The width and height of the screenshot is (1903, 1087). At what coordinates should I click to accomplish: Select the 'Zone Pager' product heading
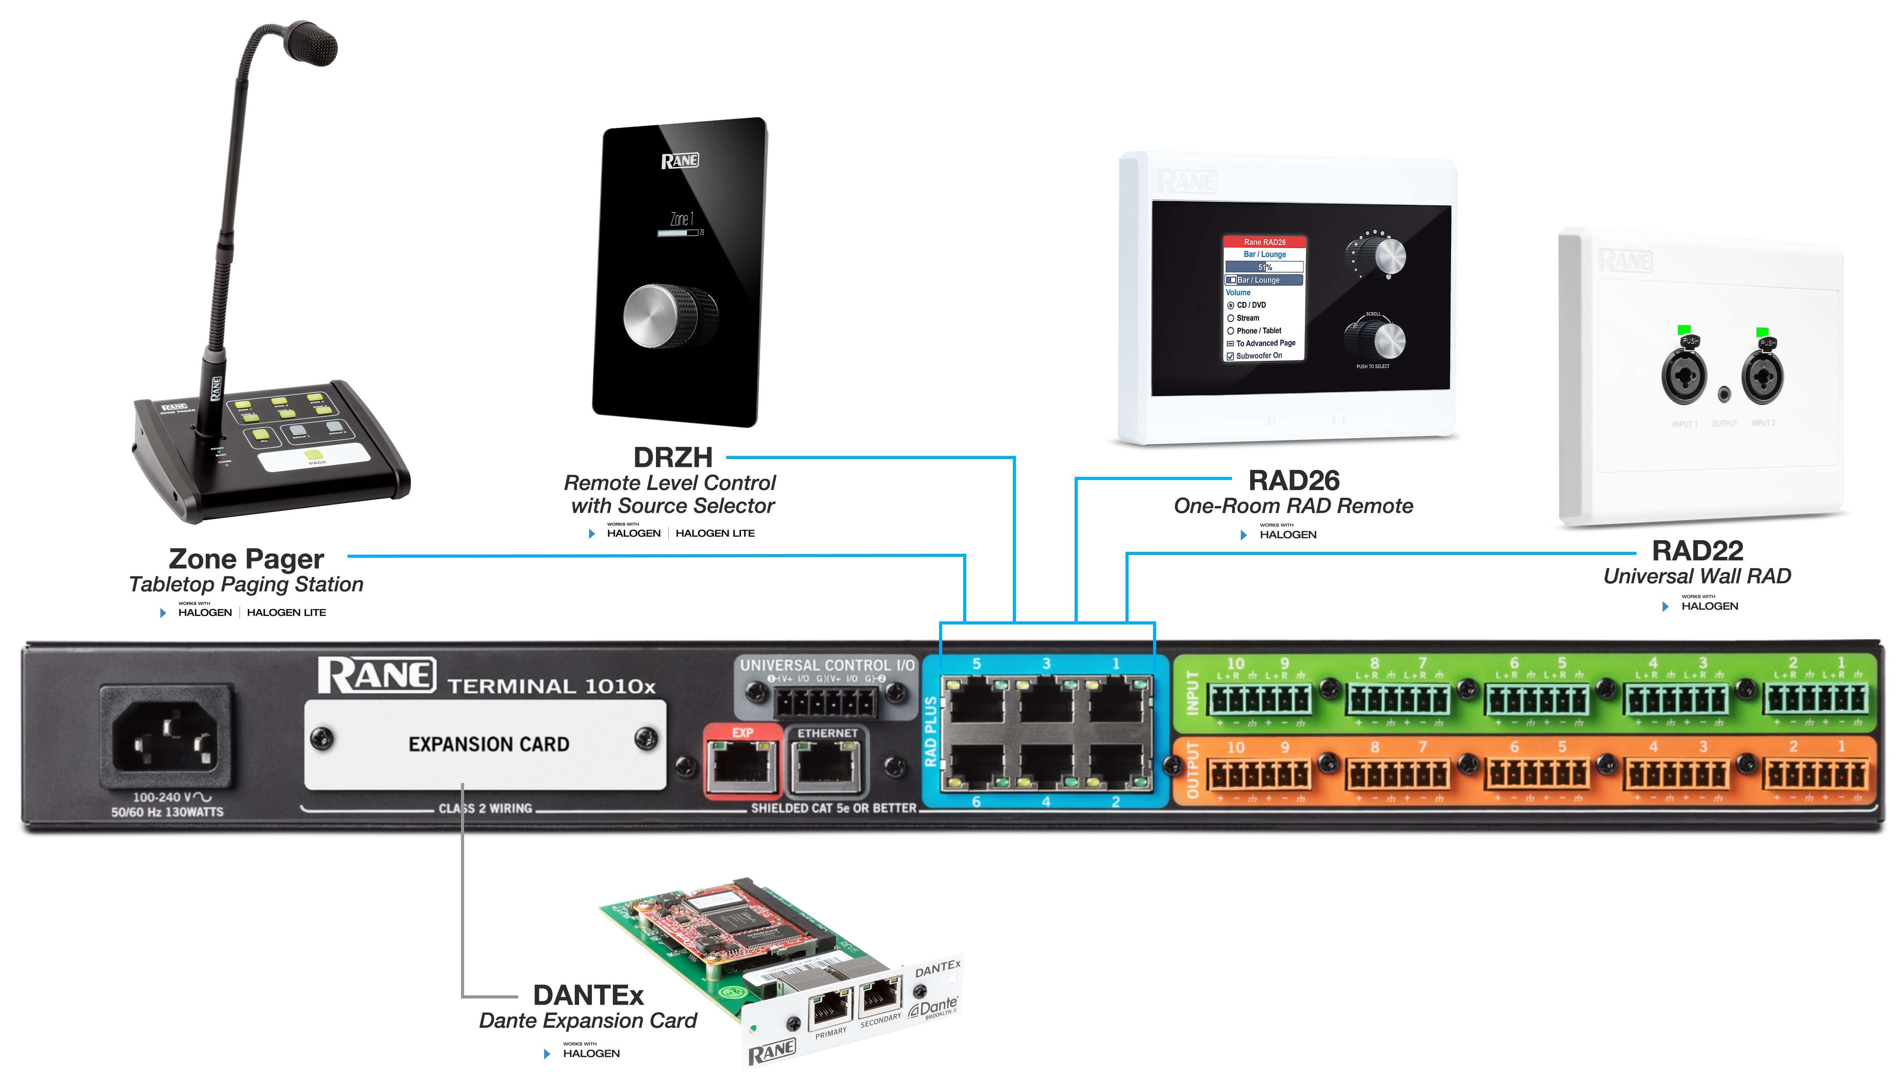click(246, 558)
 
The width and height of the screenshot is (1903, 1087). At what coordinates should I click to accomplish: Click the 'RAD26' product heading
click(1294, 480)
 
